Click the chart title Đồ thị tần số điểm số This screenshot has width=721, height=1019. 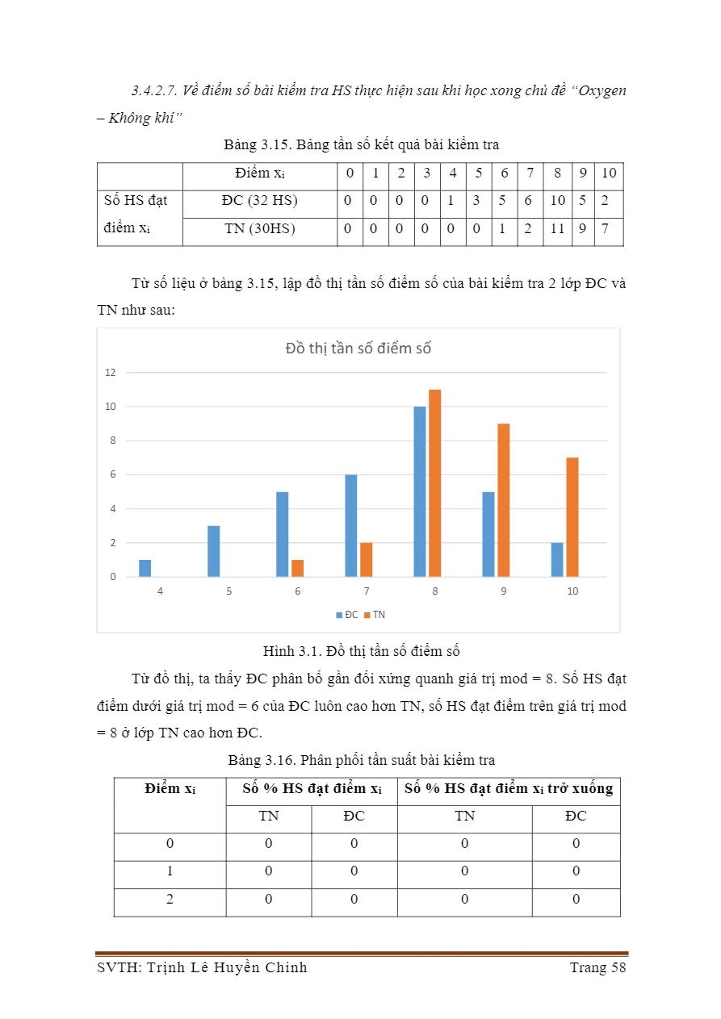(x=358, y=349)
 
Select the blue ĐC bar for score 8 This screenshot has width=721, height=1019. (x=420, y=491)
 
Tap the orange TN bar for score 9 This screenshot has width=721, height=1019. (x=503, y=500)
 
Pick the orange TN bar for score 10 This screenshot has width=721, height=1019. (x=572, y=517)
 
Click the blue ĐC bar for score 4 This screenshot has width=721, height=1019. (x=145, y=568)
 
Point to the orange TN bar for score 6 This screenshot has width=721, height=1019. (x=297, y=568)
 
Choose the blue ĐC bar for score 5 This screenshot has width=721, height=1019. (x=214, y=551)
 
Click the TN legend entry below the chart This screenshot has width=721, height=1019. (x=375, y=615)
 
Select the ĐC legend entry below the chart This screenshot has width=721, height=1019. (x=347, y=615)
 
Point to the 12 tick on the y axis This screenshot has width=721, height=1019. (x=111, y=373)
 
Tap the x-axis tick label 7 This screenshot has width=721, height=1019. (x=367, y=591)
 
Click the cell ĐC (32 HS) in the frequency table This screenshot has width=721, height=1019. (x=259, y=201)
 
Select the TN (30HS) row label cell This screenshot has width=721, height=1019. (x=259, y=229)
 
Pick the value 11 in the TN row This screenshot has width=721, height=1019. (x=556, y=229)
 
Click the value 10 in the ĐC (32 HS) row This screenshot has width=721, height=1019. (x=557, y=201)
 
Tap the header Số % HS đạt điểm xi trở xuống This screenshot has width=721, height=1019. (x=508, y=789)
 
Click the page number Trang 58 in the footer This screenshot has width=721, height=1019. (x=597, y=967)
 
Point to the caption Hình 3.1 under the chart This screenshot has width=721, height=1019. (x=361, y=651)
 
